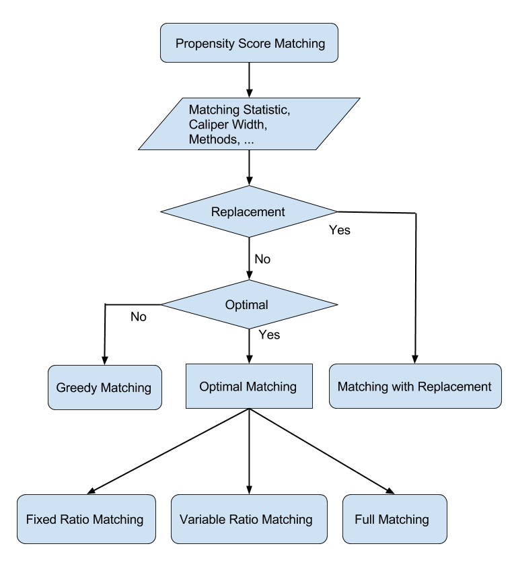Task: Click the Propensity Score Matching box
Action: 249,43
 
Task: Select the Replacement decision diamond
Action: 249,211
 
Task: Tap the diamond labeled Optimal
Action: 249,304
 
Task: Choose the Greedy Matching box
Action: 104,387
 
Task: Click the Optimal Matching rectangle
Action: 249,386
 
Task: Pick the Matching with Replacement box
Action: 415,386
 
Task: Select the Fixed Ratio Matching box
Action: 85,519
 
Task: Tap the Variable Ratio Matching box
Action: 248,519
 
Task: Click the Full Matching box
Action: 394,519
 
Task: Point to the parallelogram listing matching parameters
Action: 249,124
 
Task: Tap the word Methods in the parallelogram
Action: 213,140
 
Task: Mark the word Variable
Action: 201,519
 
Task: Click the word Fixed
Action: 40,519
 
